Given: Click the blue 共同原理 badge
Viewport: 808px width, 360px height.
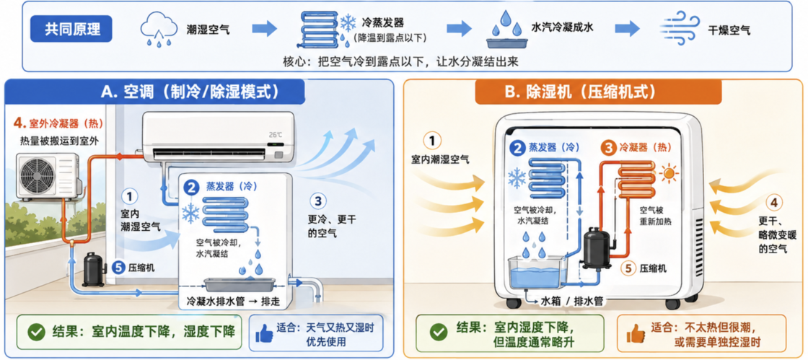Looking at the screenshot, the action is [71, 29].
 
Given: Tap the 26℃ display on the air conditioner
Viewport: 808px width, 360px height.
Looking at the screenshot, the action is [276, 134].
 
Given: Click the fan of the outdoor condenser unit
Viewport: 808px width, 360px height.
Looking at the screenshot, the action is [39, 176].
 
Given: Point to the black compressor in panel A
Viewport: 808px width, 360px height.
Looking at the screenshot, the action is [93, 269].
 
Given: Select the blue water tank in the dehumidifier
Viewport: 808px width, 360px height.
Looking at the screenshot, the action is [537, 273].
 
